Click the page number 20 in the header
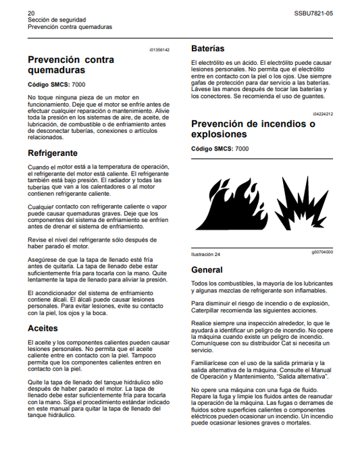pyautogui.click(x=31, y=13)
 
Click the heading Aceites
pyautogui.click(x=43, y=328)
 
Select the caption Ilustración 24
pyautogui.click(x=206, y=254)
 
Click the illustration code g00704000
pyautogui.click(x=322, y=252)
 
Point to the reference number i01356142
pyautogui.click(x=159, y=50)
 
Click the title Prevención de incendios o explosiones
pyautogui.click(x=253, y=129)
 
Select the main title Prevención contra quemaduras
pyautogui.click(x=71, y=64)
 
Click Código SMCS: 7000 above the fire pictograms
pyautogui.click(x=220, y=148)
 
